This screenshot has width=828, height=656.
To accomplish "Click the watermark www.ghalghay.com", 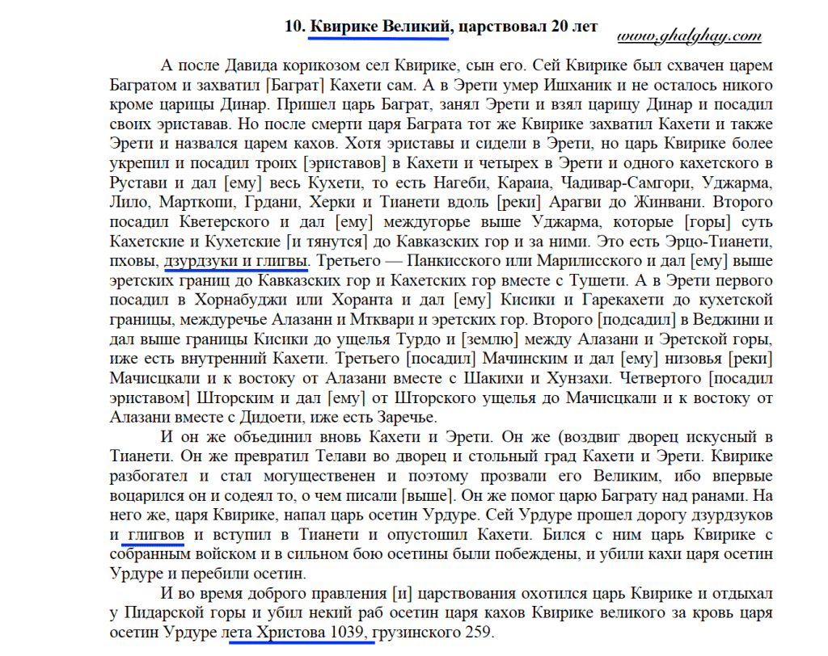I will pos(690,36).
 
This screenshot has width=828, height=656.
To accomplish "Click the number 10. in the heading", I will pos(294,26).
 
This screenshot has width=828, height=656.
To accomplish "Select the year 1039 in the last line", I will pos(349,631).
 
